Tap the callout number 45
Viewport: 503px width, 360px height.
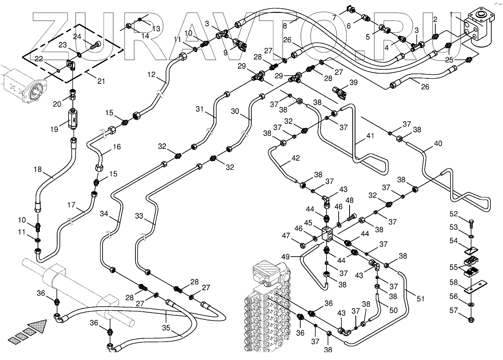click(x=308, y=223)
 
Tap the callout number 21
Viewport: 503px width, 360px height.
click(x=101, y=81)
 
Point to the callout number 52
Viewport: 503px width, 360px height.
click(x=453, y=214)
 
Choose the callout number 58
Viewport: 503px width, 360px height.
click(x=453, y=282)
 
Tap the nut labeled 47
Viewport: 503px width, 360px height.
click(x=303, y=246)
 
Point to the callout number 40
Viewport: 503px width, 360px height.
click(x=438, y=143)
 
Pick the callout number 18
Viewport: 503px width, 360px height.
click(x=38, y=169)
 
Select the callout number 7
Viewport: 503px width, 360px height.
click(x=334, y=18)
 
